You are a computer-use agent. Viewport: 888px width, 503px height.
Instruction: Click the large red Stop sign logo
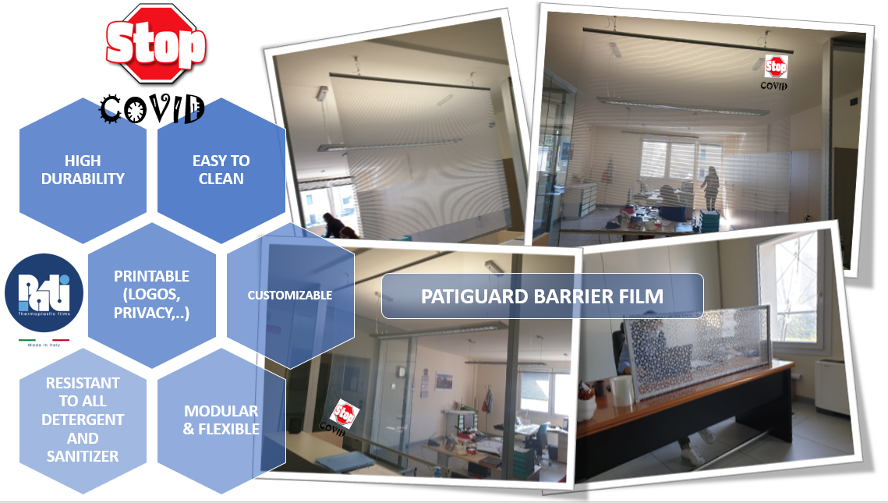156,44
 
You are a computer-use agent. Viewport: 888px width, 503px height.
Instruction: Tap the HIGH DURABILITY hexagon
83,170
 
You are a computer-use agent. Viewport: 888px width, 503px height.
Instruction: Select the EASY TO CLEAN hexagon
221,170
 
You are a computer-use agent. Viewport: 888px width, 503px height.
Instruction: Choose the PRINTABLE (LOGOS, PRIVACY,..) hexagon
152,295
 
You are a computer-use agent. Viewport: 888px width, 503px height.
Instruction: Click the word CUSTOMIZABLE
290,295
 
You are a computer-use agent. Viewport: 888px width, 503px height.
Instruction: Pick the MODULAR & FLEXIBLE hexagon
221,420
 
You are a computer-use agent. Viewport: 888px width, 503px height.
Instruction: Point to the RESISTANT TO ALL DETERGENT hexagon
83,420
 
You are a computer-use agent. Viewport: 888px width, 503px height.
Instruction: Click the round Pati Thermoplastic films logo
44,293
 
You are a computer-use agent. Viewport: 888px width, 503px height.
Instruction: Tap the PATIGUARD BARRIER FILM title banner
542,296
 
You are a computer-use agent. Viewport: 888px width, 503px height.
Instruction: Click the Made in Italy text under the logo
44,345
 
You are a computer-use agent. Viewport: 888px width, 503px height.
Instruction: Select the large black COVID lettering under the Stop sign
152,108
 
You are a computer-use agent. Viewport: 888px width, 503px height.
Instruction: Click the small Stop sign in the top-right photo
775,66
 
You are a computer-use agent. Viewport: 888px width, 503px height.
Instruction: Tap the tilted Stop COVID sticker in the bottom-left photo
341,415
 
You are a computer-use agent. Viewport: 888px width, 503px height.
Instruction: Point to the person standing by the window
711,189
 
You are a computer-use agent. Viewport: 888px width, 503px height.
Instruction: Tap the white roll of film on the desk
622,390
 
